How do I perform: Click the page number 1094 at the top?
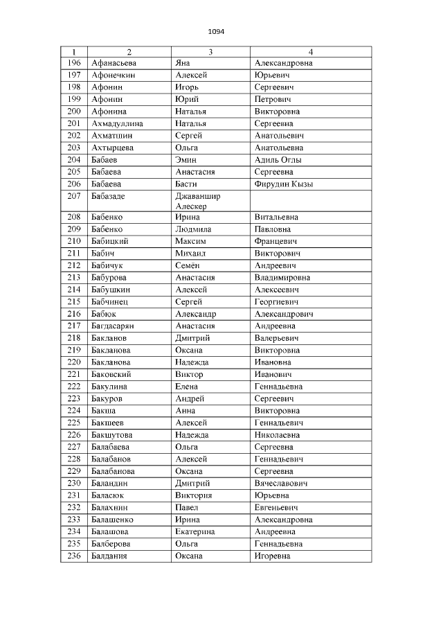216,31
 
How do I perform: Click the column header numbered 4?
311,52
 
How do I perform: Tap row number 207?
75,196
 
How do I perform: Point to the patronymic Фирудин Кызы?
284,184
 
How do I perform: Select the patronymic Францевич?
275,241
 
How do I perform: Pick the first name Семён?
189,265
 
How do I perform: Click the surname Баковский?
111,374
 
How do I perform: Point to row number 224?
75,411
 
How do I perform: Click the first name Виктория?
194,495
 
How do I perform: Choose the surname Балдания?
109,556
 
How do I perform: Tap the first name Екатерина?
195,532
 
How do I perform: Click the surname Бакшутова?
113,435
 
